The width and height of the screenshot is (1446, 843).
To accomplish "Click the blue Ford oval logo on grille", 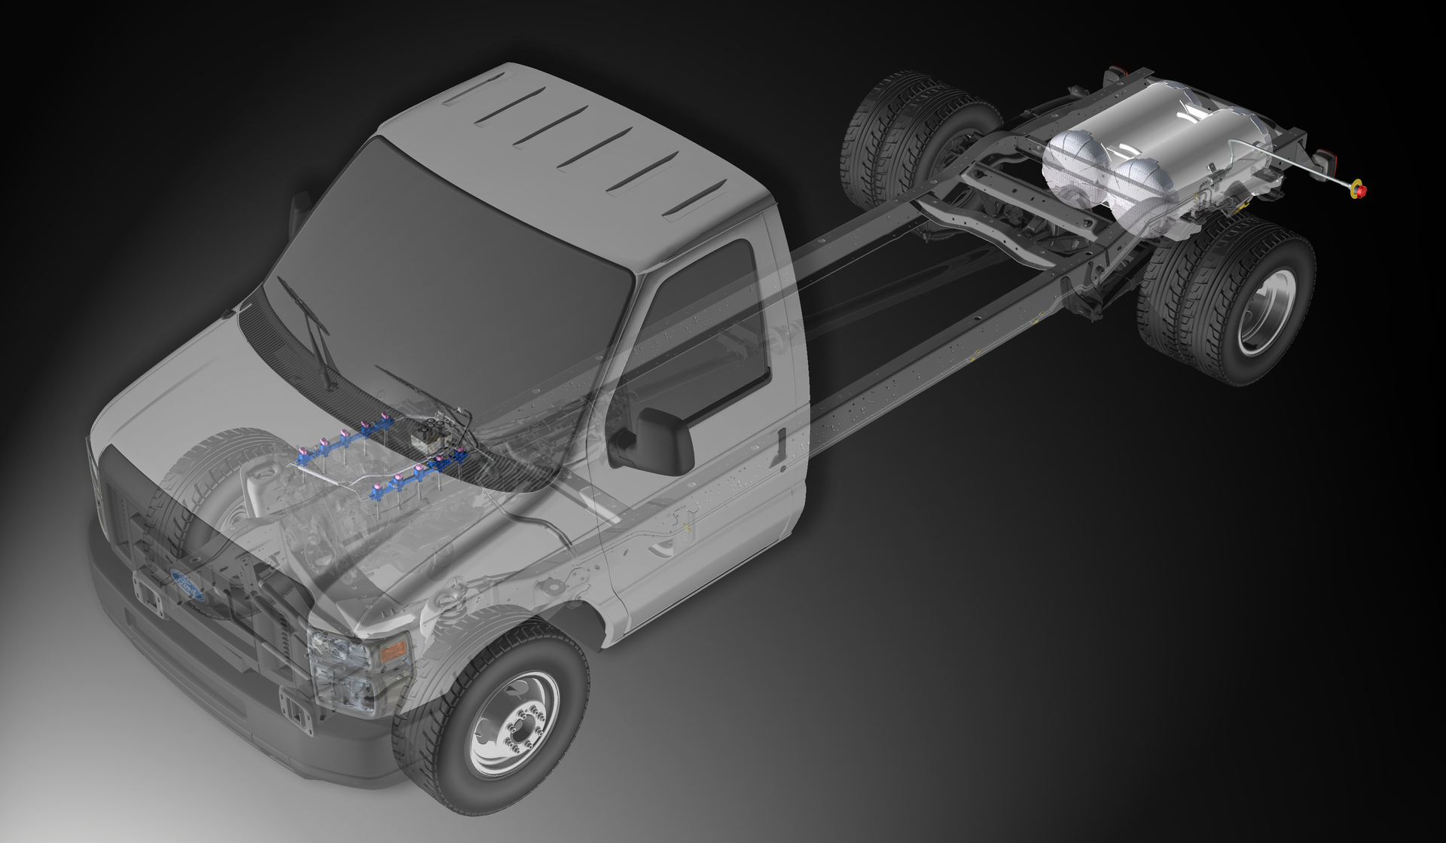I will coord(188,584).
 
